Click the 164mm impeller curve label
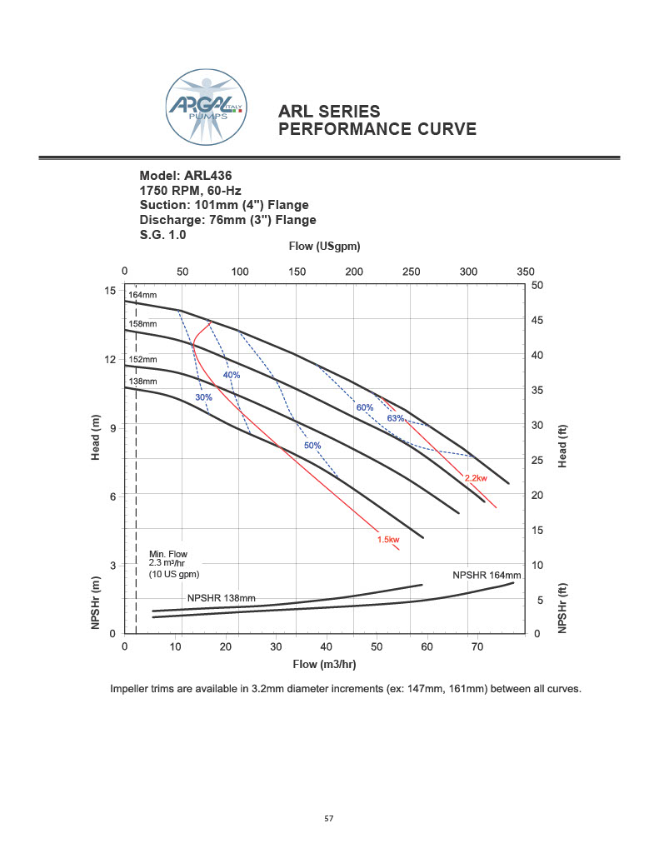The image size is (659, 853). pyautogui.click(x=142, y=296)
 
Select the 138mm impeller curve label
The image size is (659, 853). pyautogui.click(x=142, y=382)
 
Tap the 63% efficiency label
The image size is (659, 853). pyautogui.click(x=395, y=418)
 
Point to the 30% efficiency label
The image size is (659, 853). pyautogui.click(x=203, y=397)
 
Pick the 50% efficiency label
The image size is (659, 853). pyautogui.click(x=312, y=446)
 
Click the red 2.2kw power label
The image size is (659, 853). pyautogui.click(x=477, y=478)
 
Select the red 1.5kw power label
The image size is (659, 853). pyautogui.click(x=388, y=540)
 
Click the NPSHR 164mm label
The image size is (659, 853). pyautogui.click(x=487, y=576)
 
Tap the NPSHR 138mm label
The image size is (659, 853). pyautogui.click(x=221, y=598)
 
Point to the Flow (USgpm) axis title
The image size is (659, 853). pyautogui.click(x=324, y=247)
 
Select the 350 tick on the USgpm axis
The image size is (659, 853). pyautogui.click(x=525, y=272)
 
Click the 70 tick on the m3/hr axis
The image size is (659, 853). pyautogui.click(x=477, y=646)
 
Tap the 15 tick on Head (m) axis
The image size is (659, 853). pyautogui.click(x=110, y=290)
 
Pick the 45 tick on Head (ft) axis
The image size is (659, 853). pyautogui.click(x=537, y=321)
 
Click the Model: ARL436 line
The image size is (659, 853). pyautogui.click(x=185, y=176)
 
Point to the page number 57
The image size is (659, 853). pyautogui.click(x=329, y=819)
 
